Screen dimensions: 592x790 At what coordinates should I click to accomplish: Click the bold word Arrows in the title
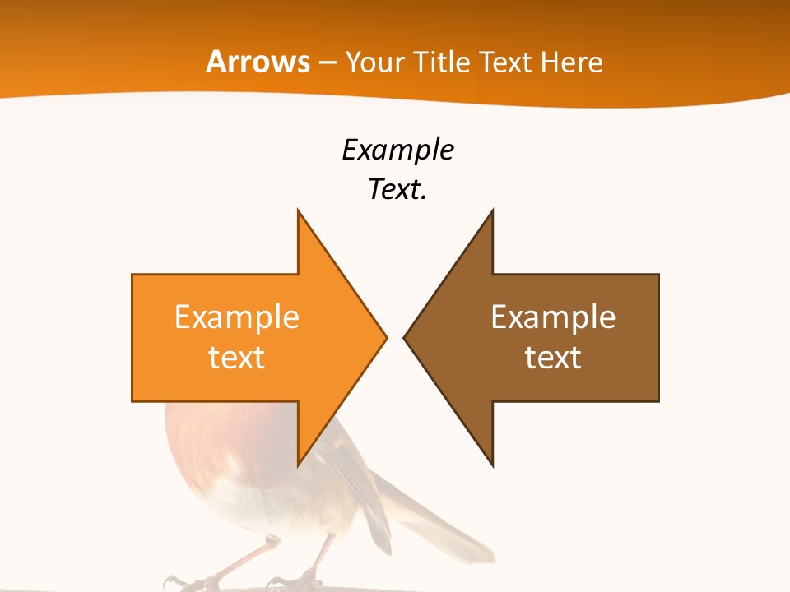[x=258, y=62]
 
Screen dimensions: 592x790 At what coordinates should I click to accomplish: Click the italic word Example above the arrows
[x=397, y=150]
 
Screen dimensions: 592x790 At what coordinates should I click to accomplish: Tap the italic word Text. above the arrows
[x=397, y=190]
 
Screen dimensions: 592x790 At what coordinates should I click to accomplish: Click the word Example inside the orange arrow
[x=236, y=317]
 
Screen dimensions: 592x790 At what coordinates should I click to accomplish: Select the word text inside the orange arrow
[x=236, y=358]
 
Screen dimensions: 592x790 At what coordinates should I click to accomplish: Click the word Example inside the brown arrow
[x=553, y=317]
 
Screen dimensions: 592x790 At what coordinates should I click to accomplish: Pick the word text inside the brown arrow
[x=553, y=358]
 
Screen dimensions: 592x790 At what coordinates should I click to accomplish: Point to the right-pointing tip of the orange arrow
[x=386, y=337]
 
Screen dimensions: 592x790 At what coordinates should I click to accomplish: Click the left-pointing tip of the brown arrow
[x=405, y=337]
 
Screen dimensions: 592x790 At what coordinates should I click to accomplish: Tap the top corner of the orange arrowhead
[x=299, y=212]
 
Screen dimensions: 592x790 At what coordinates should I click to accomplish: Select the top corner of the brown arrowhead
[x=492, y=212]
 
